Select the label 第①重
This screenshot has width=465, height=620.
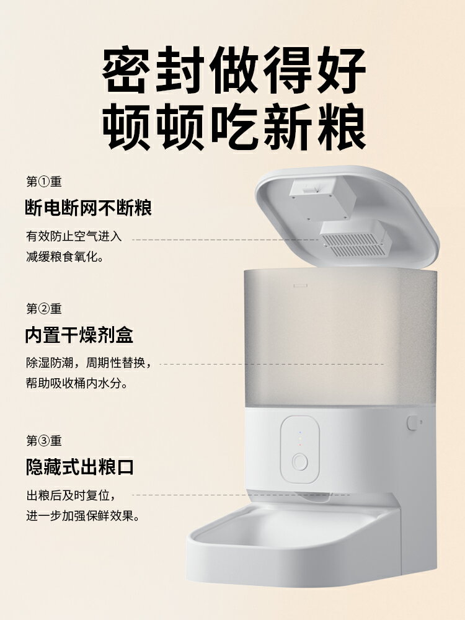[44, 182]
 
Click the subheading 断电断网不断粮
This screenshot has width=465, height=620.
[89, 208]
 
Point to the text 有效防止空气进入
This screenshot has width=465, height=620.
[74, 236]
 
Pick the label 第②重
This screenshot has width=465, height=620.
[44, 309]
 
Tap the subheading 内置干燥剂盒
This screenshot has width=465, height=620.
[79, 335]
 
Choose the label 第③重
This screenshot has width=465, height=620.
[44, 441]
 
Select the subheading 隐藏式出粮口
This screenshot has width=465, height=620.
[79, 467]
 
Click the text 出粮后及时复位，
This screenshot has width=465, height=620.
[71, 495]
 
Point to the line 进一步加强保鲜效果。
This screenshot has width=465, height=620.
[82, 515]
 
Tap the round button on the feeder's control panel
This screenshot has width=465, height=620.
[300, 463]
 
